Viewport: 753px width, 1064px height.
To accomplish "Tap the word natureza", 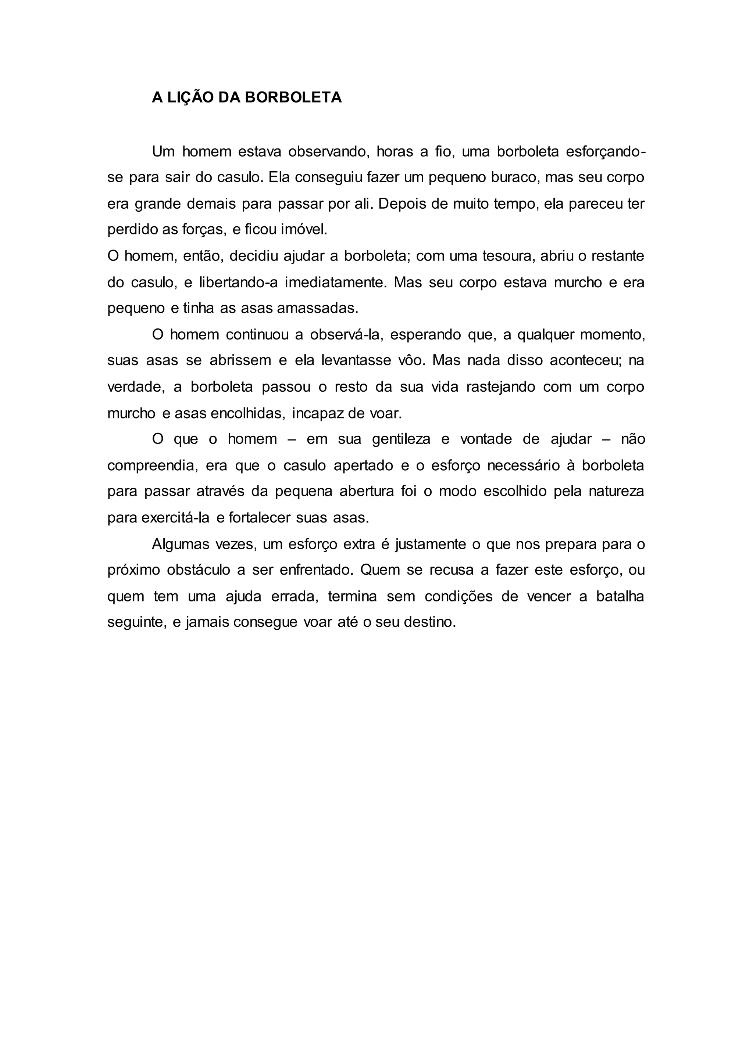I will pyautogui.click(x=616, y=491).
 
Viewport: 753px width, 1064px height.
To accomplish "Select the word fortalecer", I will pyautogui.click(x=260, y=517).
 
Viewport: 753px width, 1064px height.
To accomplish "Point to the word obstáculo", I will pyautogui.click(x=199, y=569).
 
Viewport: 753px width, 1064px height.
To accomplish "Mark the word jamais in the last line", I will pyautogui.click(x=206, y=622).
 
